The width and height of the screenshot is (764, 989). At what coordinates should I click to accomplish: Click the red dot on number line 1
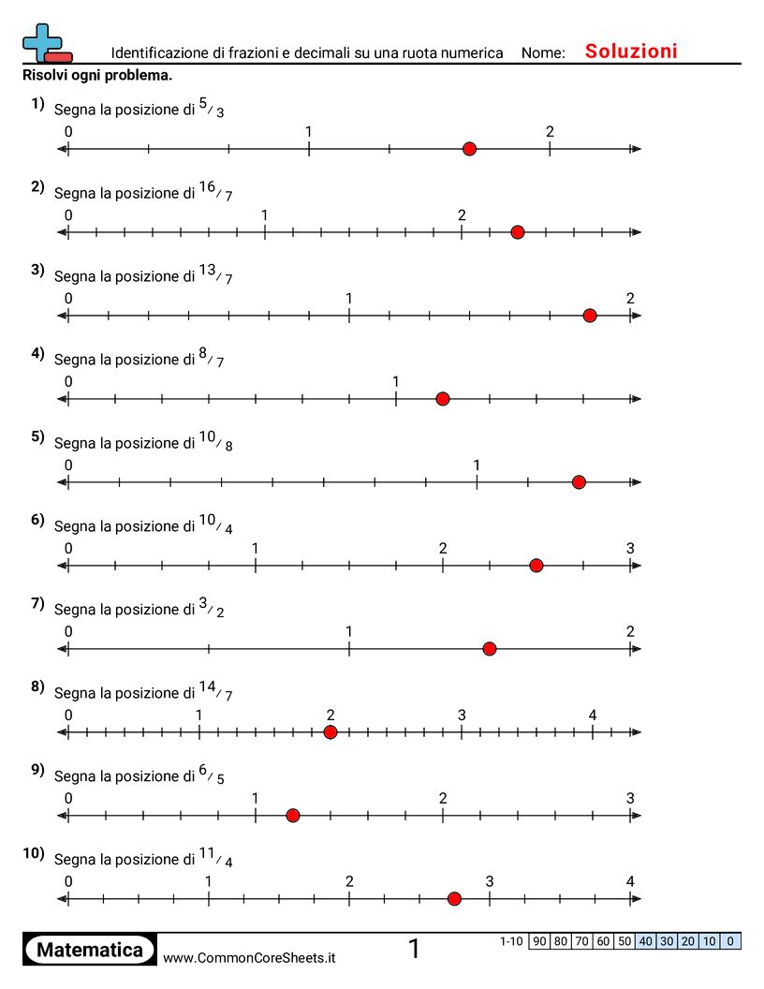click(x=469, y=149)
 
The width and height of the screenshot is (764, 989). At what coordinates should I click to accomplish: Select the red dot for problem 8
click(x=330, y=732)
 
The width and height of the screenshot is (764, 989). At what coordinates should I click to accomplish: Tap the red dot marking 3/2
click(x=489, y=649)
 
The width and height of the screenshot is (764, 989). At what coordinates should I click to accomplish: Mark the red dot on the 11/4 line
click(x=454, y=899)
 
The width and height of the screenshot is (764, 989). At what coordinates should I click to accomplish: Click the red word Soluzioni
click(x=631, y=52)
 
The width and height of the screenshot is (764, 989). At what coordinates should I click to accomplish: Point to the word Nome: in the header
click(x=543, y=53)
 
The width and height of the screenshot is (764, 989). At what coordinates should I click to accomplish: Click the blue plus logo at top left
click(x=43, y=41)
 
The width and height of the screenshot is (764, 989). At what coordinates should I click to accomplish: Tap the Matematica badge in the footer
click(x=90, y=950)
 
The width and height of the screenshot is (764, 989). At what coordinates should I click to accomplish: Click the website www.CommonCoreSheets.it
click(x=249, y=958)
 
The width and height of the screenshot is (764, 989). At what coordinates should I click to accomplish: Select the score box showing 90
click(x=539, y=941)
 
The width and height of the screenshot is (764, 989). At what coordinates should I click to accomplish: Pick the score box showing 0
click(x=730, y=941)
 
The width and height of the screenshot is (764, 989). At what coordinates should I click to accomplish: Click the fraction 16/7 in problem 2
click(x=215, y=191)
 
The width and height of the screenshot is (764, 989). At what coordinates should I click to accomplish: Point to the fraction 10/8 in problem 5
click(x=215, y=441)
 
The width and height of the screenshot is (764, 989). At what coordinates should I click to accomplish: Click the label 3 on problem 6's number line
click(x=630, y=548)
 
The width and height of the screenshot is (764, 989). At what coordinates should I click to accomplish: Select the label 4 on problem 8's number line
click(x=593, y=715)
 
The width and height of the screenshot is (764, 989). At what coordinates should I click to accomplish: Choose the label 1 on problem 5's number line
click(x=477, y=465)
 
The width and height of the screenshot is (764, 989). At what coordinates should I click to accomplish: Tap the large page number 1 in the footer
click(x=414, y=949)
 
